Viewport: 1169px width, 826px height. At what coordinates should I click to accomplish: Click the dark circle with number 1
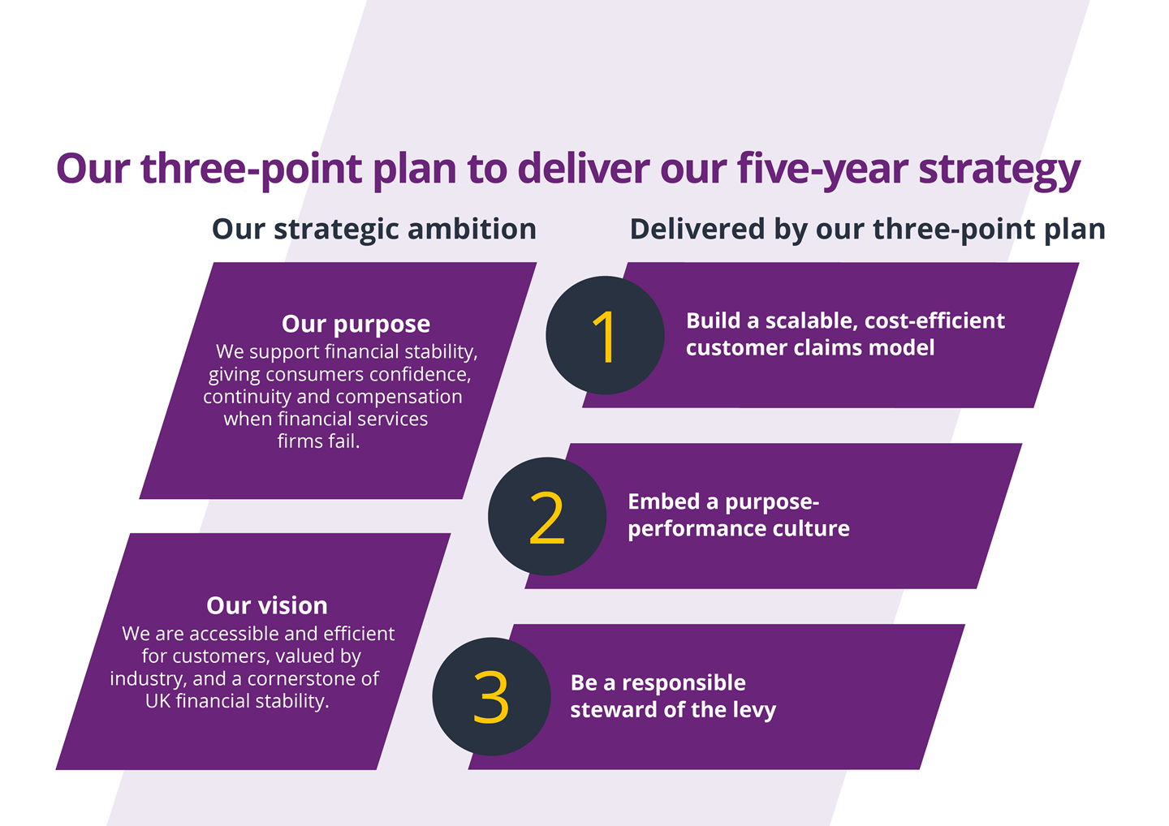click(x=605, y=335)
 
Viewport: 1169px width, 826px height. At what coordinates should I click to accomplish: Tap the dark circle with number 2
click(x=547, y=517)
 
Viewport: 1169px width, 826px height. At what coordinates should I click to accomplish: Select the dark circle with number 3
click(x=491, y=697)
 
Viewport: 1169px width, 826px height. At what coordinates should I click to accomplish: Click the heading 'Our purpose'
click(x=356, y=324)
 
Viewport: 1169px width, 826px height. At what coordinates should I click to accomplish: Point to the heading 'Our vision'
click(x=267, y=605)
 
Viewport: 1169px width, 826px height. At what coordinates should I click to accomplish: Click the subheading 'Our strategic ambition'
click(x=374, y=230)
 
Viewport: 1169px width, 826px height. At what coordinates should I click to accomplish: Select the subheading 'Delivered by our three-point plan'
click(x=867, y=230)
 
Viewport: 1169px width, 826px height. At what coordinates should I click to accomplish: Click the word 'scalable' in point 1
click(x=811, y=321)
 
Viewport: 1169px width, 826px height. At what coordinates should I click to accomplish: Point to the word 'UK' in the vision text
click(x=157, y=701)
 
